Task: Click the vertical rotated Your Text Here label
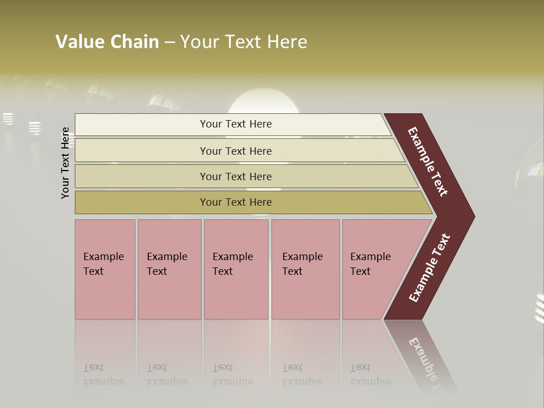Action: coord(66,163)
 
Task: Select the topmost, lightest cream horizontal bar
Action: coord(236,124)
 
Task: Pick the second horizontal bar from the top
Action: coord(236,151)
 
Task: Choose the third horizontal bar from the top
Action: coord(236,176)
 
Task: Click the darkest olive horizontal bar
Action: coord(236,202)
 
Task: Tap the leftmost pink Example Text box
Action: coord(105,269)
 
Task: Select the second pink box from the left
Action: coord(169,269)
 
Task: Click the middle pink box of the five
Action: coord(236,269)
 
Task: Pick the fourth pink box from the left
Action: coord(305,269)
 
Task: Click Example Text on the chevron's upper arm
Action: coord(428,161)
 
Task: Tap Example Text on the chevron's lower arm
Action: coord(430,268)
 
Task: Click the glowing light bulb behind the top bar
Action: coord(262,102)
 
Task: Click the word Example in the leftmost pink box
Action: coord(103,257)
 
